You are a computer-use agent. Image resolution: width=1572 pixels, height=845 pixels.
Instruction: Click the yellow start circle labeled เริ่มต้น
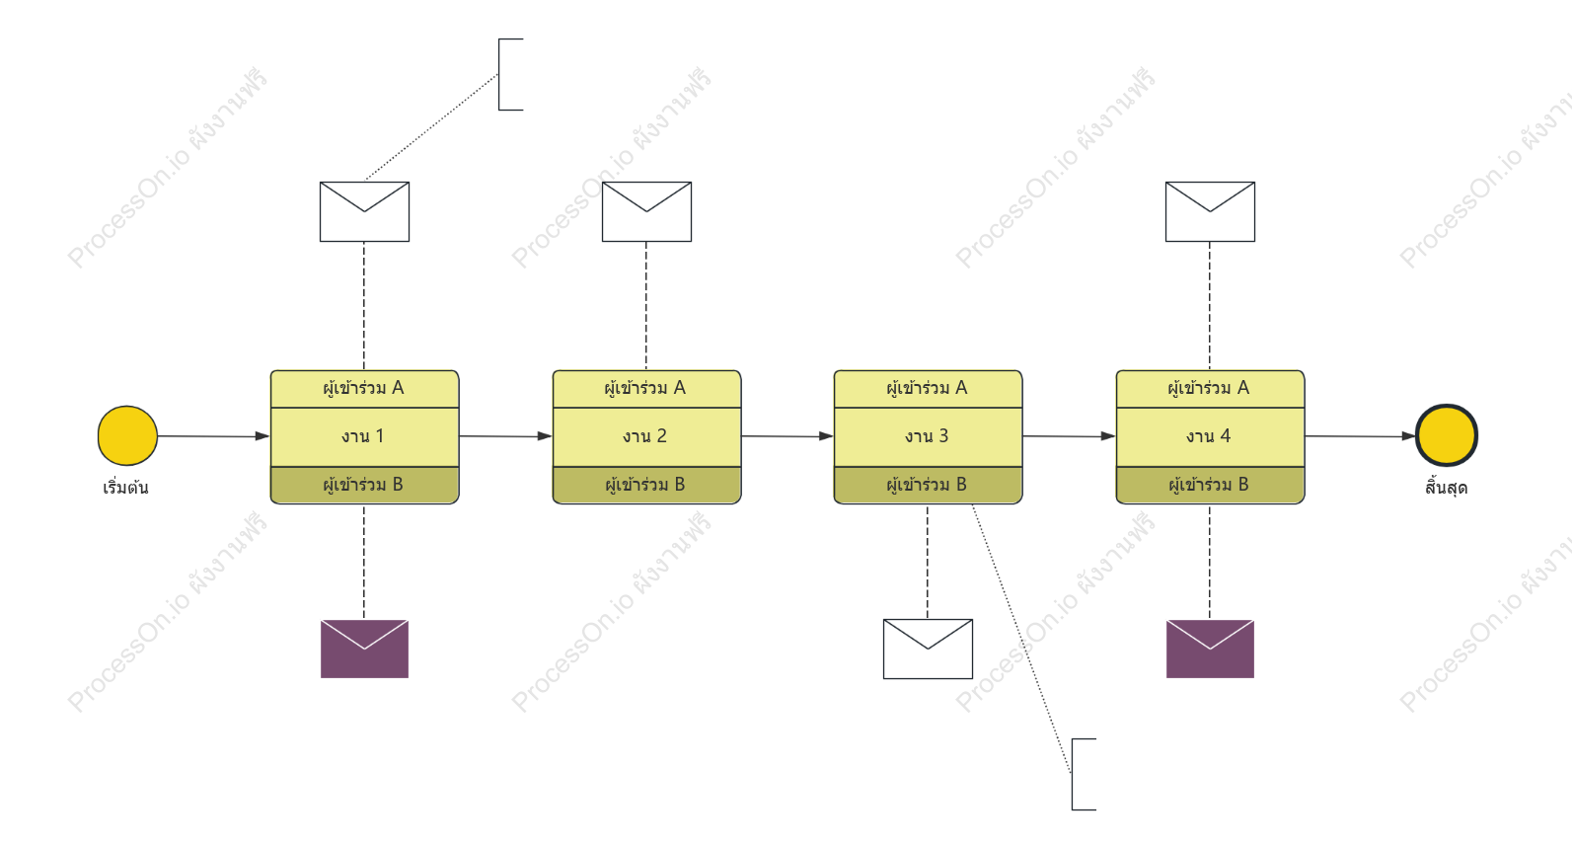127,436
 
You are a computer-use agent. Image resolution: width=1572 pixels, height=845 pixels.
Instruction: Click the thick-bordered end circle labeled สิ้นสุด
1447,436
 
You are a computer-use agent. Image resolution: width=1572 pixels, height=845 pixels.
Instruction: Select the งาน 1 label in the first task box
363,436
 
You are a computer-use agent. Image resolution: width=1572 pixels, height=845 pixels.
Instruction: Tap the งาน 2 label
645,436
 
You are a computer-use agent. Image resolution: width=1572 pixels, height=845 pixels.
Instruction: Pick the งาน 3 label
927,436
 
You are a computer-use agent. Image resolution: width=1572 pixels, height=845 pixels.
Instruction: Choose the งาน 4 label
1209,436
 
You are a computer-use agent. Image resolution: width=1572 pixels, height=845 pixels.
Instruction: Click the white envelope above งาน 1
365,212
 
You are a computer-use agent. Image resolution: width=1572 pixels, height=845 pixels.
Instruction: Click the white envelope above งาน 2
647,212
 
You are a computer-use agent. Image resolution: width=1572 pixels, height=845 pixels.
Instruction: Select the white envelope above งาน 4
1211,212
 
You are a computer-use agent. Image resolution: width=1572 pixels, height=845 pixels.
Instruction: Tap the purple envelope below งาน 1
365,650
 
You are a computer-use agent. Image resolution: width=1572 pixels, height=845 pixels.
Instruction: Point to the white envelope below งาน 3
928,650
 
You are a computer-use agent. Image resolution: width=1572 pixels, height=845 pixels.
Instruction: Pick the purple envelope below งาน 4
1211,650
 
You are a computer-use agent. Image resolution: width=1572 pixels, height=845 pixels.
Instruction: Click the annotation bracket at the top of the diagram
499,74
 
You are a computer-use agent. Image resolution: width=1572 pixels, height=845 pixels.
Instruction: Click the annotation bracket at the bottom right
1073,774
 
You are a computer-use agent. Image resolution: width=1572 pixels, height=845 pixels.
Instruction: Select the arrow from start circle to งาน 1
213,436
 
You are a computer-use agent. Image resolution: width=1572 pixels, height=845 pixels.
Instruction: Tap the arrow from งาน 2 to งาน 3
787,436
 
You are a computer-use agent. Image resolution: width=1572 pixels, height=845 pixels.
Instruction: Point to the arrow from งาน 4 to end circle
1360,436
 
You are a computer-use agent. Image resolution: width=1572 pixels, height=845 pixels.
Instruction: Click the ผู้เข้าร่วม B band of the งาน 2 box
647,485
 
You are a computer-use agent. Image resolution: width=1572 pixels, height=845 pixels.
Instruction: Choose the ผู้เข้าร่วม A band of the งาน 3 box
928,389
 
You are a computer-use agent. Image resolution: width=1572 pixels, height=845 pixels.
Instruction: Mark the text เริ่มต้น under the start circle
125,487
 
